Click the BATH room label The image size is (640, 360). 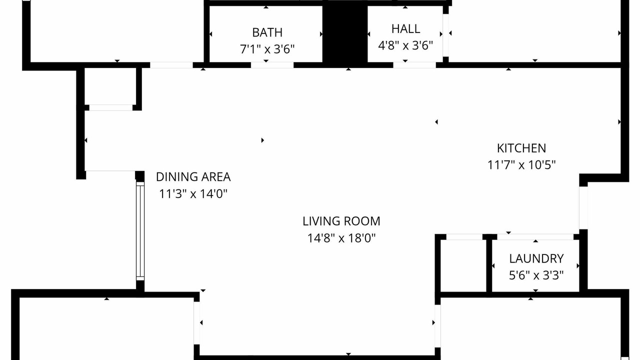click(x=267, y=32)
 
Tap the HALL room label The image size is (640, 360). click(x=405, y=29)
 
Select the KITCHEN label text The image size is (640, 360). click(x=521, y=148)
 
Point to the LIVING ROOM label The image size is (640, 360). click(x=341, y=221)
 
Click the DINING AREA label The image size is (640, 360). click(x=193, y=177)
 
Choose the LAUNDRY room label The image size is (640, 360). click(x=536, y=259)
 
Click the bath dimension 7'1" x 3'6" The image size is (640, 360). click(x=267, y=49)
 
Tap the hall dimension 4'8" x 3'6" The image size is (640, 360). click(x=405, y=45)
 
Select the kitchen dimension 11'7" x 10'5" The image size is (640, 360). click(x=521, y=165)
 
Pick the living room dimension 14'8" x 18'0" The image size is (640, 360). click(x=341, y=237)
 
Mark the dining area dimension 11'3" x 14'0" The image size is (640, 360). click(x=193, y=193)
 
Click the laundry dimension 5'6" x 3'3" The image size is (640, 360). click(x=536, y=275)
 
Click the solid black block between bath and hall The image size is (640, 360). click(x=345, y=33)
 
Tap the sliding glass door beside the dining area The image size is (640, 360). click(x=140, y=231)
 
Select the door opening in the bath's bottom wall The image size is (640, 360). click(x=272, y=65)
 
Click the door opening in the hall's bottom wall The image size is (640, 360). click(x=414, y=65)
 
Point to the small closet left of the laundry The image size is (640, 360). click(x=463, y=265)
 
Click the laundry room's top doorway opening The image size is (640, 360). click(x=535, y=237)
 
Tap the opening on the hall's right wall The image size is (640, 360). click(x=445, y=35)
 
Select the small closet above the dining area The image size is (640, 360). click(x=110, y=86)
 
